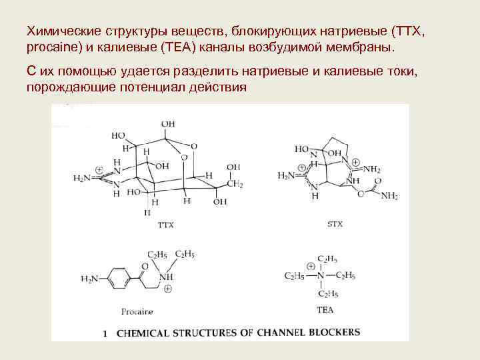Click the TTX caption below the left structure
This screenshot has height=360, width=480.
(165, 225)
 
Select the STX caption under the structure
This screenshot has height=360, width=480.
(335, 224)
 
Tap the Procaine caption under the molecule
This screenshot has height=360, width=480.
(137, 311)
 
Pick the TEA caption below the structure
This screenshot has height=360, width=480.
(326, 310)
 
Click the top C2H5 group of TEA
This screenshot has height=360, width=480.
(327, 258)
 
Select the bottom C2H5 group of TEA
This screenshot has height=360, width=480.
(327, 293)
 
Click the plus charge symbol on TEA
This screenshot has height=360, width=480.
(311, 266)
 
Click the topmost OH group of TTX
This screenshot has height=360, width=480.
(168, 124)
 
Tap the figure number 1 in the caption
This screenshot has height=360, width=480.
(105, 333)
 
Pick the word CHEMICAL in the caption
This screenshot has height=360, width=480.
(141, 333)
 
